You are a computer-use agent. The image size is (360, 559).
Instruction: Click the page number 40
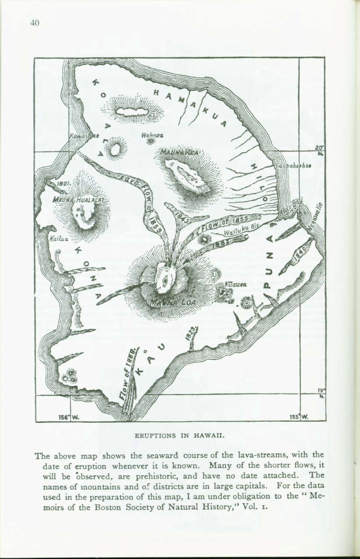[35, 24]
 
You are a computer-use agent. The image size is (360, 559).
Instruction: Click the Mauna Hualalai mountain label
[79, 199]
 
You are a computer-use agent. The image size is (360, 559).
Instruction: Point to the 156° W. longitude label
[66, 417]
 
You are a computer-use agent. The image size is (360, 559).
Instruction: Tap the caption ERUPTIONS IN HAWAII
[179, 436]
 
